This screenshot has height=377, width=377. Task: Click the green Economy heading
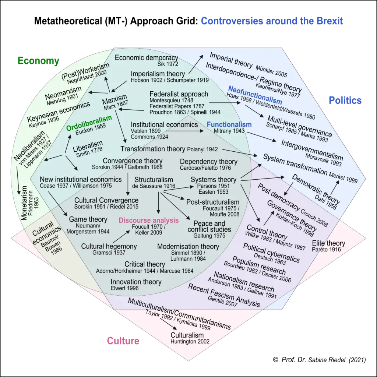pos(38,61)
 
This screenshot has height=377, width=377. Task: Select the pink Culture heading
pos(123,341)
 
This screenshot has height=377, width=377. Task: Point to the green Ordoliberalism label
pos(89,119)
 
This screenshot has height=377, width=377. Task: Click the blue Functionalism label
pos(229,124)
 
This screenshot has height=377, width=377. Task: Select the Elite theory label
pos(328,243)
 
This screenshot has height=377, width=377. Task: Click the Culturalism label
pos(187,335)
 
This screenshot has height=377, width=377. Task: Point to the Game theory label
pos(88,220)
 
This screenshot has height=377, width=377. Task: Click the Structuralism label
pos(154,180)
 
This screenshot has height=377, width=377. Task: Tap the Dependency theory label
pos(208,162)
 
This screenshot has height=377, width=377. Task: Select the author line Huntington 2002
pos(190,342)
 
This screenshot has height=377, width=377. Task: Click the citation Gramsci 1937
pos(109,253)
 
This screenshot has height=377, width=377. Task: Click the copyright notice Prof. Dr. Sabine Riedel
pos(320,359)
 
